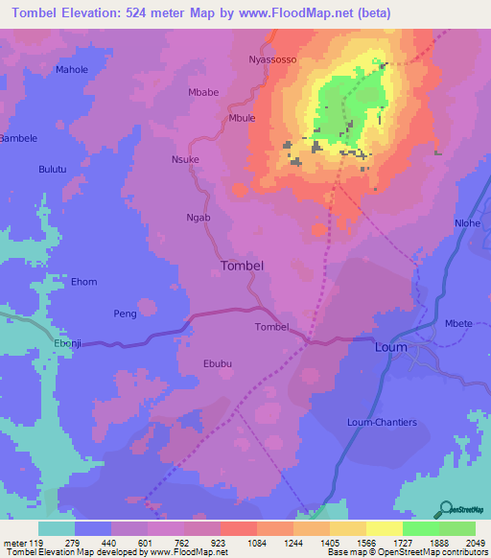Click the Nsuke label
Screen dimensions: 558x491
coord(185,159)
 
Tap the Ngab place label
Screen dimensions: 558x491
coord(198,218)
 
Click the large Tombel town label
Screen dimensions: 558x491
coord(242,266)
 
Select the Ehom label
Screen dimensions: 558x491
coord(84,282)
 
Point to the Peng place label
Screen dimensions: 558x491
coord(125,314)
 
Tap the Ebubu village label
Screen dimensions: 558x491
coord(218,363)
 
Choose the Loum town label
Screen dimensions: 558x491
coord(390,347)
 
